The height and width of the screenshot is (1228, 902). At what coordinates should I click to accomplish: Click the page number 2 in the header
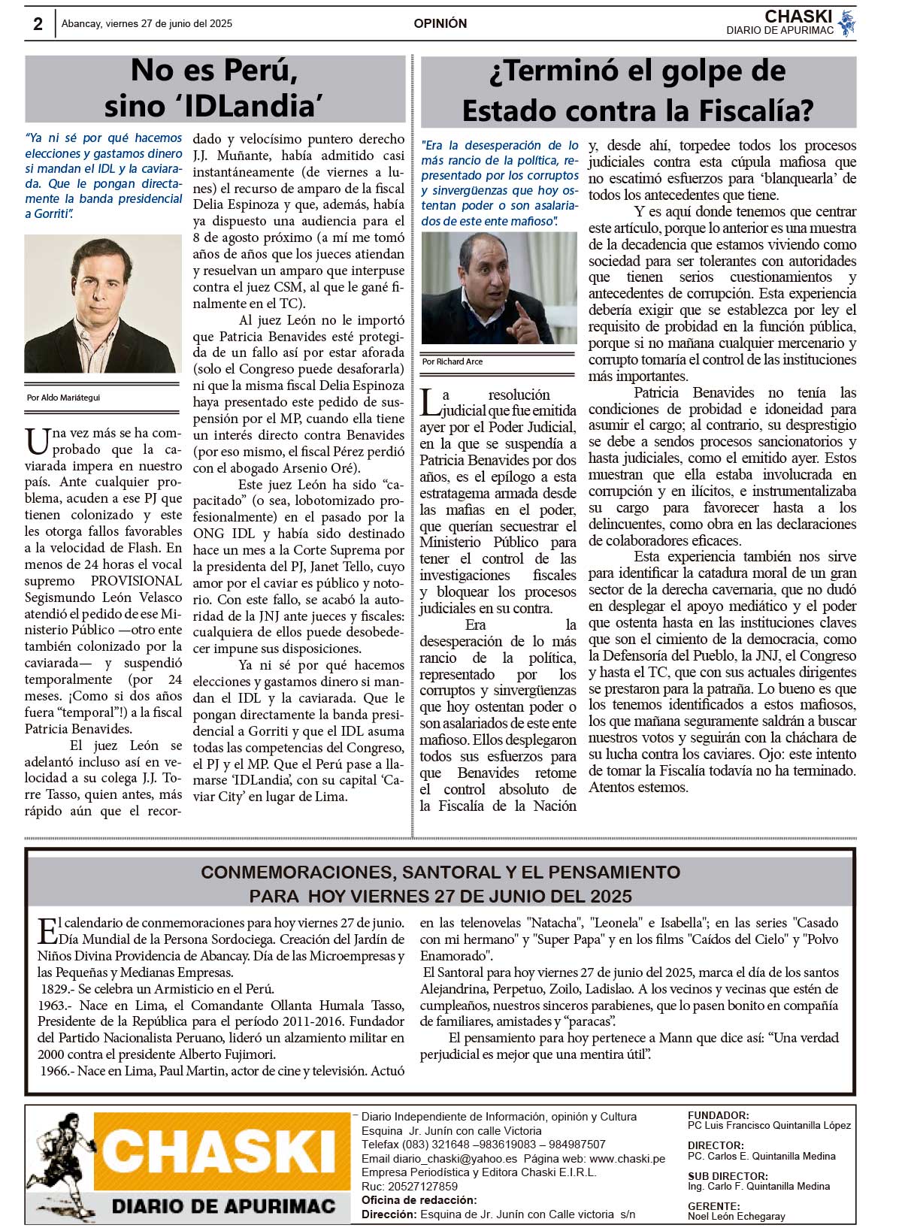38,24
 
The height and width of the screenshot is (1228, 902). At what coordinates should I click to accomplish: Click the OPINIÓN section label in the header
440,24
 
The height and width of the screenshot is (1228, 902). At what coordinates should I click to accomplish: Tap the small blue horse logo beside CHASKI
847,23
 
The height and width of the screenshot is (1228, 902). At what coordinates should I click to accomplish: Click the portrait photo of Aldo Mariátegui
103,304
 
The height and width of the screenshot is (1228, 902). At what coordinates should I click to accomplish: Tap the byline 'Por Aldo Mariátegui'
63,398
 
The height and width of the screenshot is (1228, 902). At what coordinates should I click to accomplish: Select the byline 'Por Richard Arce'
453,361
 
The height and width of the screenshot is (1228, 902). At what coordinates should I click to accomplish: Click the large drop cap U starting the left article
37,441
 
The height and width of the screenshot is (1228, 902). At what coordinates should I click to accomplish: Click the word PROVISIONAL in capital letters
136,581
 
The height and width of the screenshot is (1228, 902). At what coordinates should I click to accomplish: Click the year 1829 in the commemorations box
55,989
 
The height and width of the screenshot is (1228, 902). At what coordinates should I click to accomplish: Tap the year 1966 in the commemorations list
55,1071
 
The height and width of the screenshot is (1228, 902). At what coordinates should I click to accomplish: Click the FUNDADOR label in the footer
717,1116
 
